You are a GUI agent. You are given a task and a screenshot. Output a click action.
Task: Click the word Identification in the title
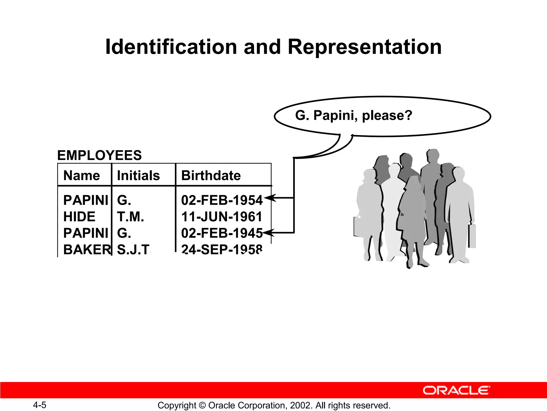tap(171, 47)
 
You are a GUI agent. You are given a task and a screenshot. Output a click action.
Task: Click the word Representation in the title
tap(365, 47)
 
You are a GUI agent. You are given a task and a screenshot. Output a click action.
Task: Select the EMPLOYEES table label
tap(99, 155)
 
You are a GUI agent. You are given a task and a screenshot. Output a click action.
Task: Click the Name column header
tap(81, 176)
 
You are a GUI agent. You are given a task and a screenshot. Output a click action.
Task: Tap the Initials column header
tap(138, 176)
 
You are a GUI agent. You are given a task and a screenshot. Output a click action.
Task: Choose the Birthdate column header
tap(211, 176)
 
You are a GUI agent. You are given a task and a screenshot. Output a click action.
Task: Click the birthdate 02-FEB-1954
tap(222, 200)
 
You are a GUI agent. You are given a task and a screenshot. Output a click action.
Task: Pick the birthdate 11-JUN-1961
tap(222, 216)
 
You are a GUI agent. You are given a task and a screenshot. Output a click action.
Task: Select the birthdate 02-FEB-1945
tap(222, 233)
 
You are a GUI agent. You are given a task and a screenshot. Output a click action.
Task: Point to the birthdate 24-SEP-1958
tap(222, 249)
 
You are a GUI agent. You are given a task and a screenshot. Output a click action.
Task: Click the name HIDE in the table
tap(79, 216)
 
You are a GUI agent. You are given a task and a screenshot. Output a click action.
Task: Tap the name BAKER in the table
tap(87, 249)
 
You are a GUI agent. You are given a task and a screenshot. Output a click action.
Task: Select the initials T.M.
tap(130, 216)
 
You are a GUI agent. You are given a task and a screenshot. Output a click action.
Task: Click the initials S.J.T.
tap(134, 249)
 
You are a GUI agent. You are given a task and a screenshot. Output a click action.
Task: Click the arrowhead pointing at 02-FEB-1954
tap(270, 198)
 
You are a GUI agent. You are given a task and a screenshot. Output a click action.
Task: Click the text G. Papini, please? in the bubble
tap(354, 115)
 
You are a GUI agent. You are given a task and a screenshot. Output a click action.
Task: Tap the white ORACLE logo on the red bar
tap(456, 390)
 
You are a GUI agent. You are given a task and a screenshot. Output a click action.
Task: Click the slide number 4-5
tap(40, 405)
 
